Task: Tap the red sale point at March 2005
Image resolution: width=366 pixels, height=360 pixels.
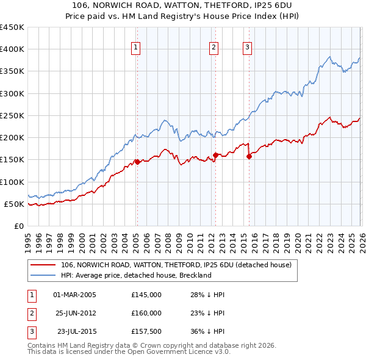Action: pyautogui.click(x=137, y=162)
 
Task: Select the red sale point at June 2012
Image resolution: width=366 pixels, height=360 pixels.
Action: pyautogui.click(x=215, y=155)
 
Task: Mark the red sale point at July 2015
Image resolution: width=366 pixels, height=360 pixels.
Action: pyautogui.click(x=249, y=156)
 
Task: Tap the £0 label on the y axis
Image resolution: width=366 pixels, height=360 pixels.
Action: pyautogui.click(x=19, y=226)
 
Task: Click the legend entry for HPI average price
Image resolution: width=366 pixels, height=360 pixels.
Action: pyautogui.click(x=135, y=275)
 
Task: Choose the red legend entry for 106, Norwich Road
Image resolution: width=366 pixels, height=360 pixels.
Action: pyautogui.click(x=176, y=265)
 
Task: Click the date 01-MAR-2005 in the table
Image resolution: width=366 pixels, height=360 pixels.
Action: pyautogui.click(x=75, y=295)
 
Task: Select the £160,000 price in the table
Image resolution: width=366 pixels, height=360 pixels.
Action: pyautogui.click(x=146, y=313)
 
